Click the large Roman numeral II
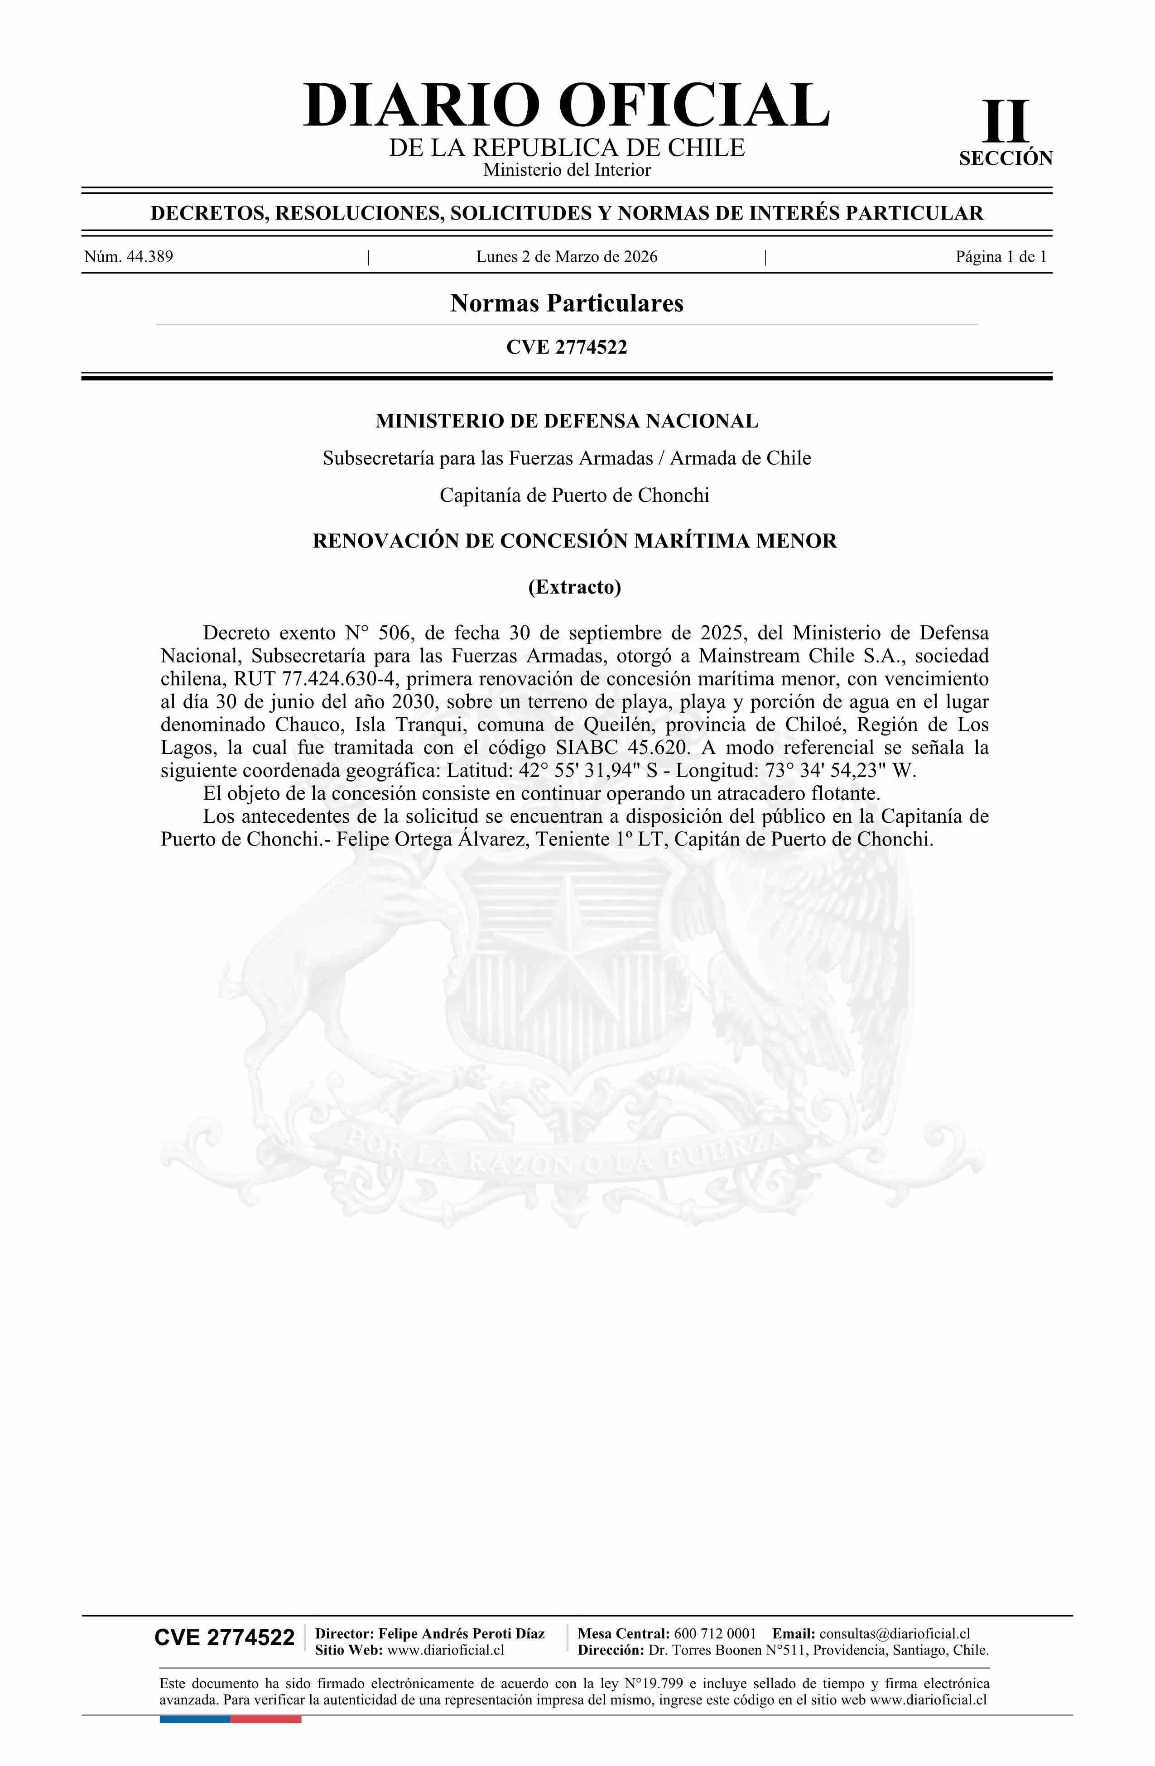tap(1006, 122)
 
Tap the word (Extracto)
tap(574, 587)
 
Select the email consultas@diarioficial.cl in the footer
tap(895, 1633)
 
